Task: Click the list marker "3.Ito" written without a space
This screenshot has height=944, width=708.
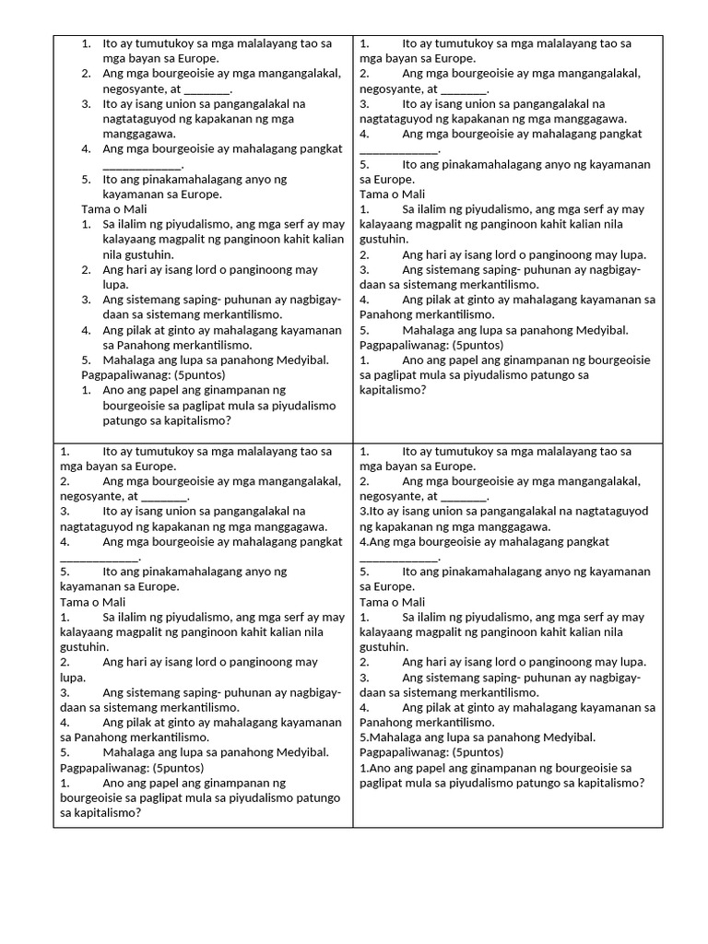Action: coord(372,511)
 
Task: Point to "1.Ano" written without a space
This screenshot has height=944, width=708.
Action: coord(374,767)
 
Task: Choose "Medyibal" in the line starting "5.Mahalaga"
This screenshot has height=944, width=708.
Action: coord(570,737)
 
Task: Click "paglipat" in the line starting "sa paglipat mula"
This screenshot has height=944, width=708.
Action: coord(395,375)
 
